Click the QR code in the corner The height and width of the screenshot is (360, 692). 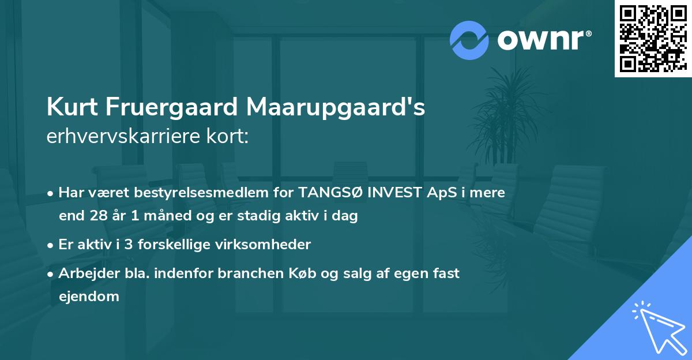tap(653, 38)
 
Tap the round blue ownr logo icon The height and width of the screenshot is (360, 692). tap(469, 40)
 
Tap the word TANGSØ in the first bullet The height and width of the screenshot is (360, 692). tap(325, 193)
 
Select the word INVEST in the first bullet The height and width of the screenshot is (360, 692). tap(392, 193)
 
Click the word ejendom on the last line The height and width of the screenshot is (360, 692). tap(89, 297)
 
